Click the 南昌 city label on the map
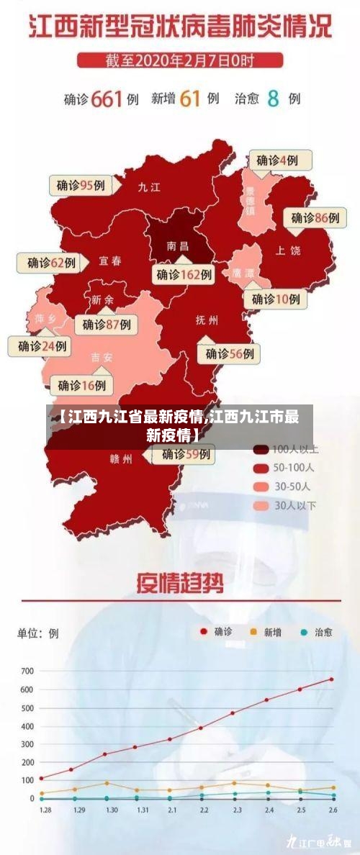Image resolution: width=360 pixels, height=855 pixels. coord(177,245)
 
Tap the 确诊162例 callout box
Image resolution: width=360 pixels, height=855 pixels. coord(184,274)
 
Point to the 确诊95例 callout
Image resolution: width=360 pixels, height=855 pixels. coord(81,185)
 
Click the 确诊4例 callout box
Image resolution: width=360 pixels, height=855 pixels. coord(277,160)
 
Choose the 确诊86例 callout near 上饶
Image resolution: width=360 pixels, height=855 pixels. coord(315,217)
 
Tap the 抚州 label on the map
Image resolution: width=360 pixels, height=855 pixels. coord(207,320)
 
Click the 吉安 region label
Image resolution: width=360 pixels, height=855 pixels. coord(102,357)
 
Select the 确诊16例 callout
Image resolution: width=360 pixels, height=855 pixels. coord(81,385)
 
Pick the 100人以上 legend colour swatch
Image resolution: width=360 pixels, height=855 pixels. coord(261,449)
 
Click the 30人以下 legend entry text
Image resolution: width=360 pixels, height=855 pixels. coord(295,505)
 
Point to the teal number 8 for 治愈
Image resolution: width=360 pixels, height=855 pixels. coord(273,99)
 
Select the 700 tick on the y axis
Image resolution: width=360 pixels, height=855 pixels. coord(27,671)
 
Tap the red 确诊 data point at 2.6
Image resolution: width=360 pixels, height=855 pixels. coord(332,679)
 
